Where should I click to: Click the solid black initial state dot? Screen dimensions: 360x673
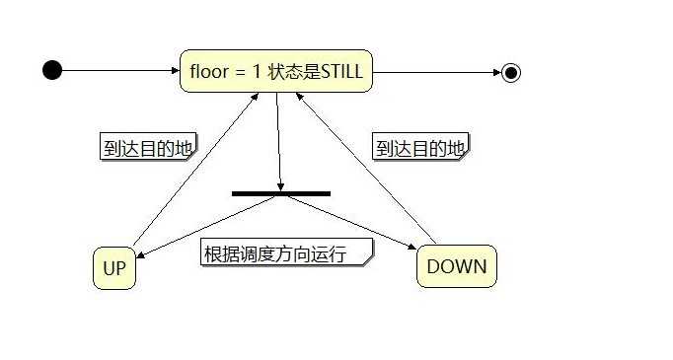[52, 70]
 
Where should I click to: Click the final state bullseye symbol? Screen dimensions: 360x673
[510, 71]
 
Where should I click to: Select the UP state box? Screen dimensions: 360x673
[114, 267]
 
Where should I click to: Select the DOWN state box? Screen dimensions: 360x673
[457, 266]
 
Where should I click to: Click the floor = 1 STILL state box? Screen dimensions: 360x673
[276, 71]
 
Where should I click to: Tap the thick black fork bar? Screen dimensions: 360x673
[280, 193]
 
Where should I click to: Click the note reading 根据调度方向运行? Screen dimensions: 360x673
[287, 253]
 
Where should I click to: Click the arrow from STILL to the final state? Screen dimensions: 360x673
[434, 71]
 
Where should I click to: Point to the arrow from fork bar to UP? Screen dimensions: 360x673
[207, 226]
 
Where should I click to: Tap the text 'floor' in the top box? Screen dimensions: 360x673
[205, 71]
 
